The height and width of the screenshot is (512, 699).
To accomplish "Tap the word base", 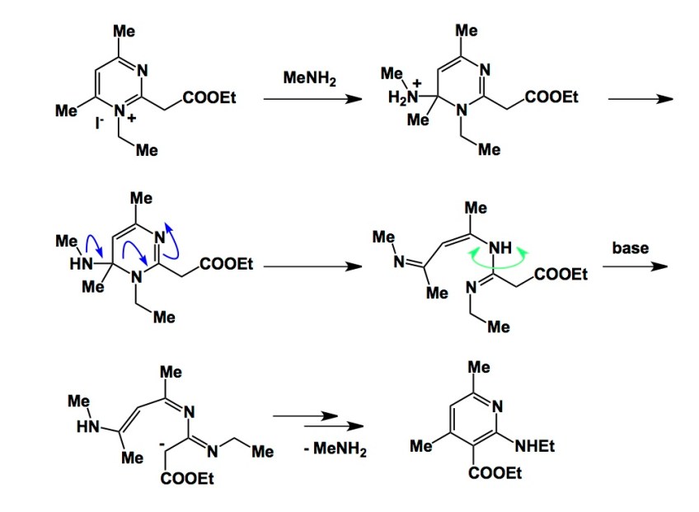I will pos(632,247).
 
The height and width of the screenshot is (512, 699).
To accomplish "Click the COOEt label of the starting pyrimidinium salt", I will pos(209,98).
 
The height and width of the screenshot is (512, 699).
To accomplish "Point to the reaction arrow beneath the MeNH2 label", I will pos(312,100).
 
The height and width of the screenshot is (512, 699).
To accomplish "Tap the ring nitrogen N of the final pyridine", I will pos(497,406).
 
